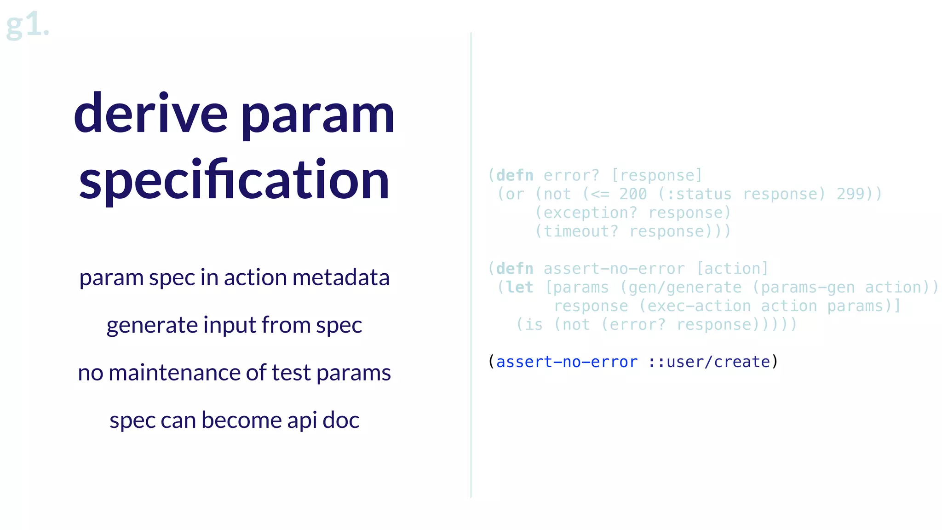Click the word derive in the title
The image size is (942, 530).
coord(151,113)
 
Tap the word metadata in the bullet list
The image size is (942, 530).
coord(341,277)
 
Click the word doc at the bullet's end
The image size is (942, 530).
coord(341,420)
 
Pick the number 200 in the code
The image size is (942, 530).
coord(633,194)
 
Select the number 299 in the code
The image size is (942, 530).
coord(850,194)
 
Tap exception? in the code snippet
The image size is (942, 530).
coord(591,213)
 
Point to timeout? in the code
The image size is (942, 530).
coord(581,231)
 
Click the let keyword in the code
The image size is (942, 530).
coord(520,288)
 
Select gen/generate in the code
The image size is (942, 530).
coord(685,288)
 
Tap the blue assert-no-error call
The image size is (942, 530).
coord(567,362)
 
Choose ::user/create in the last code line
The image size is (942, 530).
coord(709,362)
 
